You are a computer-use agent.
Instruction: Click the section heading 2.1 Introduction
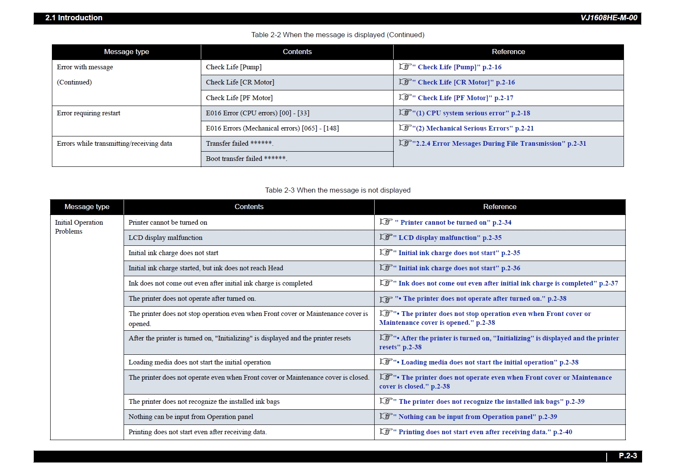click(x=74, y=18)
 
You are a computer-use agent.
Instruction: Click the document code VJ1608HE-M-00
click(x=608, y=18)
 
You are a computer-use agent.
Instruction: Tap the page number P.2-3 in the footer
click(x=628, y=456)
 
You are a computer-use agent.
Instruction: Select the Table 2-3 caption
click(x=337, y=190)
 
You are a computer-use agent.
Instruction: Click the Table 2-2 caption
click(x=337, y=35)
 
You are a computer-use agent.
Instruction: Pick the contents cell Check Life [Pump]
click(x=234, y=67)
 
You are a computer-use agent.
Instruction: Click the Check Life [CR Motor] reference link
click(x=463, y=82)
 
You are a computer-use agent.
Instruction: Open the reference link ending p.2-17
click(x=462, y=98)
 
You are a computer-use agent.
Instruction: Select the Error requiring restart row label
click(x=89, y=113)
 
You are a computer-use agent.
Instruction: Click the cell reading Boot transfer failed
click(x=246, y=159)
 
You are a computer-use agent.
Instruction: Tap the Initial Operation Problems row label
click(x=79, y=227)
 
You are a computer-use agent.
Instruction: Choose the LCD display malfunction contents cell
click(x=165, y=238)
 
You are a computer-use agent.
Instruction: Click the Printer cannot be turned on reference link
click(x=453, y=223)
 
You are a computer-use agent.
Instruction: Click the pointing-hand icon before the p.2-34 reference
click(x=386, y=222)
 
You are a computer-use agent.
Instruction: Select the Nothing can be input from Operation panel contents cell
click(x=191, y=417)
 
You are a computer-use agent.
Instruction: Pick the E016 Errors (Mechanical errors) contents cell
click(x=272, y=128)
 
